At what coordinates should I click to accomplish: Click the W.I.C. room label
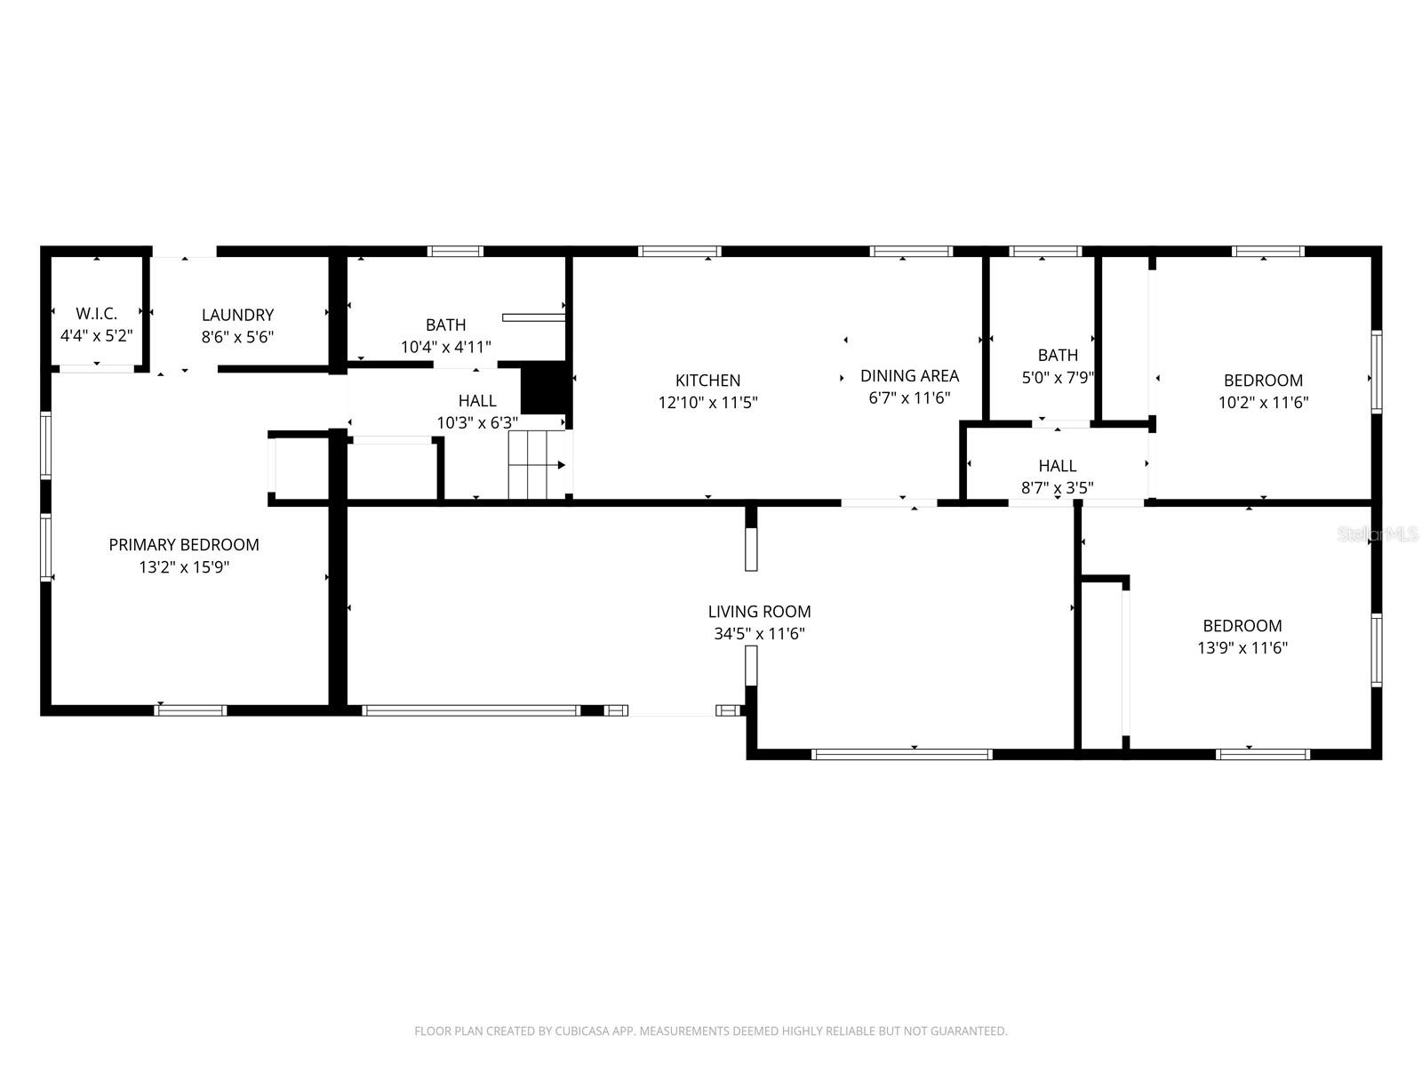(96, 314)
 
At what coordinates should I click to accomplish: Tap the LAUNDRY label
(237, 315)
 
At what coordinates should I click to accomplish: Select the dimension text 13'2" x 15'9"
(184, 567)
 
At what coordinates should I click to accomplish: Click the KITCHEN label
(707, 381)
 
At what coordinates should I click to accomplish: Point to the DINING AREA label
(909, 375)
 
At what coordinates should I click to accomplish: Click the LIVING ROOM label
(759, 612)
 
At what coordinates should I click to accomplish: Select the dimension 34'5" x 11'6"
(759, 634)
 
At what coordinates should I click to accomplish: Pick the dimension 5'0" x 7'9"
(1057, 377)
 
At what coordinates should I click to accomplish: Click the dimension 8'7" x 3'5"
(1057, 487)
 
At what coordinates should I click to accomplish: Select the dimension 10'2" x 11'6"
(1263, 402)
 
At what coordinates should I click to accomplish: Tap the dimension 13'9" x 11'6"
(1242, 648)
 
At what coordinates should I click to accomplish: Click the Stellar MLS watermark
(1378, 533)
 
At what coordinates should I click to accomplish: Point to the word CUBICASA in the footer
(583, 1031)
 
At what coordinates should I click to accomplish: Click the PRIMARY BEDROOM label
(184, 545)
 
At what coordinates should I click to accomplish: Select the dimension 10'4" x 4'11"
(445, 347)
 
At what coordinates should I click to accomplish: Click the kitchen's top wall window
(680, 252)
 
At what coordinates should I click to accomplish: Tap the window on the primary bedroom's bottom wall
(190, 710)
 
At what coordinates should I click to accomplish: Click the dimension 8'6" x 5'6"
(237, 337)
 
